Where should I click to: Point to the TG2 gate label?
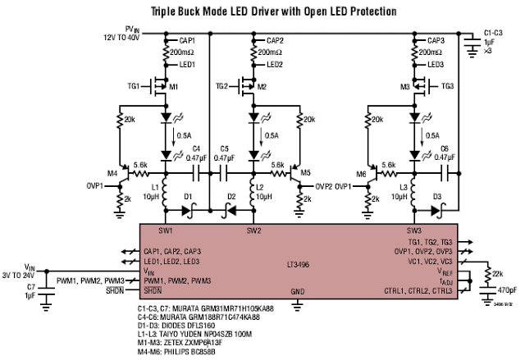point(221,85)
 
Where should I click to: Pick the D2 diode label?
point(231,197)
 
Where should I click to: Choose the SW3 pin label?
point(413,230)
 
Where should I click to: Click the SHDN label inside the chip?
point(153,291)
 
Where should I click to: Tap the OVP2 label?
point(325,185)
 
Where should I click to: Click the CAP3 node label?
point(436,40)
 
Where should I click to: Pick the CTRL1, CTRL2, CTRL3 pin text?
point(418,291)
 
